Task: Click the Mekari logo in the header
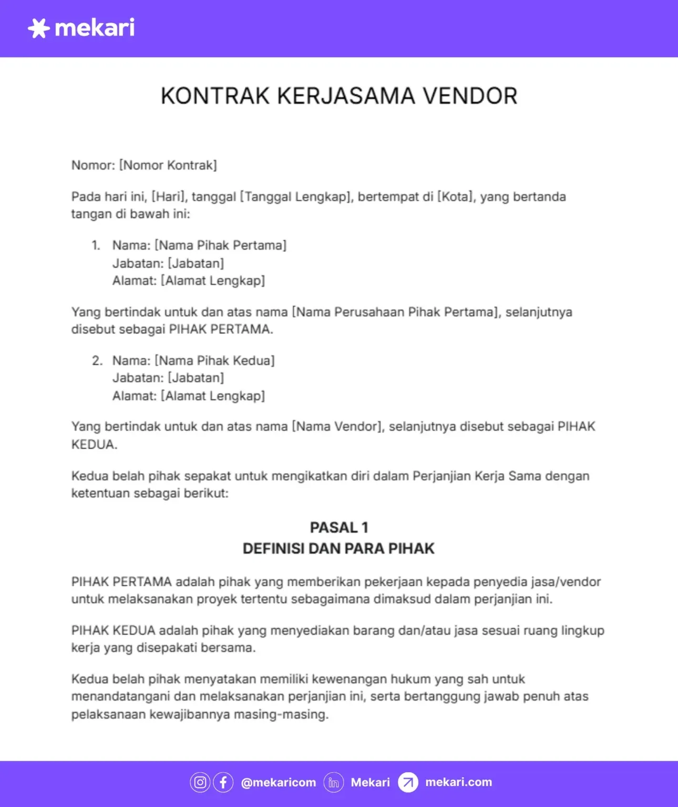[x=81, y=28]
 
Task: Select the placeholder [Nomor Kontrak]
[x=168, y=165]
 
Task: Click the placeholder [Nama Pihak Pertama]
[x=220, y=245]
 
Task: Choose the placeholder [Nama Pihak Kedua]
[x=214, y=360]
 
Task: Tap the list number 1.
[x=96, y=245]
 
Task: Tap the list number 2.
[x=97, y=360]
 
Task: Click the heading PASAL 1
[x=339, y=527]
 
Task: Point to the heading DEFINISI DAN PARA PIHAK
[x=338, y=549]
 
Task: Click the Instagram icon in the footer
[x=200, y=782]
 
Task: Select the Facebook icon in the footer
[x=223, y=782]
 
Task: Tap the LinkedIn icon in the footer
[x=333, y=782]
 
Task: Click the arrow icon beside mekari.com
[x=408, y=782]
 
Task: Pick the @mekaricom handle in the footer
[x=279, y=782]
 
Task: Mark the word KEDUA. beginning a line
[x=94, y=444]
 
